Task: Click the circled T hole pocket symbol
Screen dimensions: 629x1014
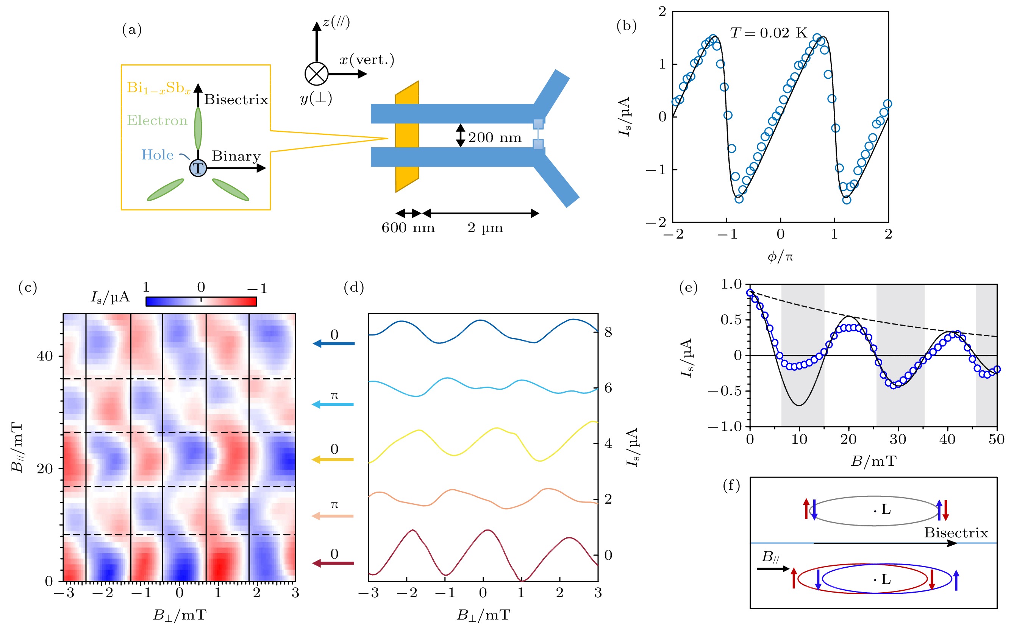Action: tap(198, 168)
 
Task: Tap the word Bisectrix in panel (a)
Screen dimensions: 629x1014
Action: tap(236, 100)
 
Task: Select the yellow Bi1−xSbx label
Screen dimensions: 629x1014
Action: tap(159, 88)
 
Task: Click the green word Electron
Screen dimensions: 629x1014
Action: tap(157, 121)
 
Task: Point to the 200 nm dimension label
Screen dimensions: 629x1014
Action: tap(495, 138)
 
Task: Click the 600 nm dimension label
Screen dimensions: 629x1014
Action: tap(408, 228)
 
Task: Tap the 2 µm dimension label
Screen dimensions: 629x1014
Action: tap(485, 228)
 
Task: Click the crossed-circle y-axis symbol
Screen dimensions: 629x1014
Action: tap(316, 74)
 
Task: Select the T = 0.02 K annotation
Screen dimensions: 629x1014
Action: tap(768, 33)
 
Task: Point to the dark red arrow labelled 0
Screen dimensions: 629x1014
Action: tap(333, 563)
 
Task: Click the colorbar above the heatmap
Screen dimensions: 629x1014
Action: tap(201, 301)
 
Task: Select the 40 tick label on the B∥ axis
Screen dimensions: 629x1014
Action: tap(45, 356)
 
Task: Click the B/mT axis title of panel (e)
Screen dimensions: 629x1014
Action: tap(873, 461)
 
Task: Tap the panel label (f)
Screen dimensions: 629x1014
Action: tap(731, 485)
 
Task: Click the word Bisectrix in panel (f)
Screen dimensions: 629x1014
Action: tap(956, 533)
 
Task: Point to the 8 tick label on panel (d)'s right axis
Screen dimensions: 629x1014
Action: tap(608, 332)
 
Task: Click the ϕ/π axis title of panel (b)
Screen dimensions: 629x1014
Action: tap(780, 257)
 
